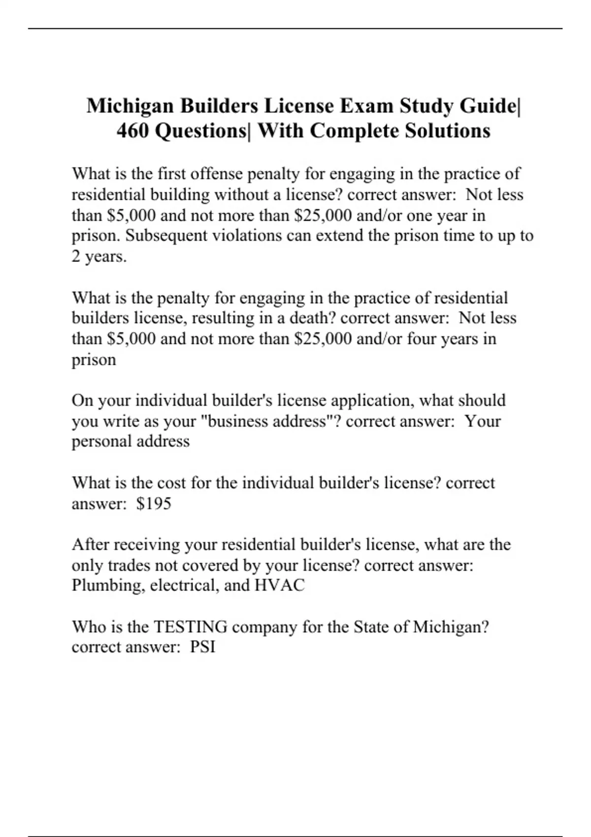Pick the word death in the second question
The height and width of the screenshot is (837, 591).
(x=307, y=318)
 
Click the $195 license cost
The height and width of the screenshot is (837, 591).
(x=154, y=503)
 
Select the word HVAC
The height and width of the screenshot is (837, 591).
(x=279, y=585)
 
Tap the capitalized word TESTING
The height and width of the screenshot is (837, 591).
(x=191, y=627)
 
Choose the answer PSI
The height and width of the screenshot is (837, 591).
(x=203, y=647)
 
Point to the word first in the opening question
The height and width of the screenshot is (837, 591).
(x=172, y=174)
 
